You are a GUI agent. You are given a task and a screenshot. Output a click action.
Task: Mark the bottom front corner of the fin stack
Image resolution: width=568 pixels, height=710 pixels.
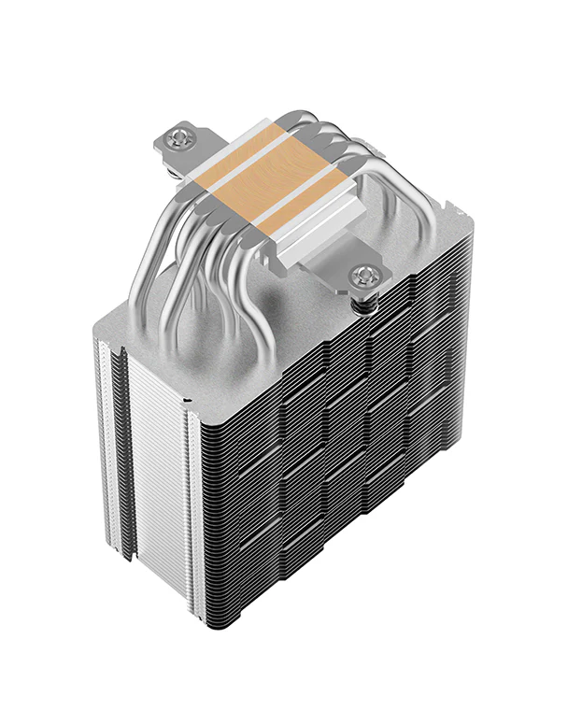tap(197, 645)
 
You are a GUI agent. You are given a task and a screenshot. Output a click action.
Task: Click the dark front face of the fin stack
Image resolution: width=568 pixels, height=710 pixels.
tap(327, 467)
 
